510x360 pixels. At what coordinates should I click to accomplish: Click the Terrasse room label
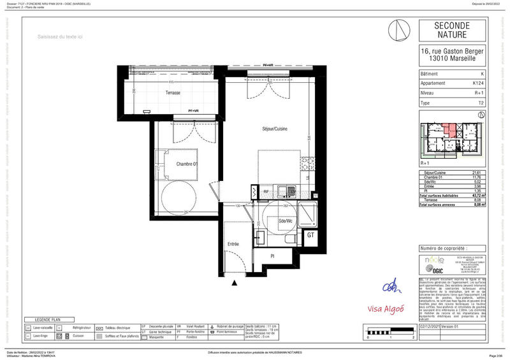pyautogui.click(x=172, y=93)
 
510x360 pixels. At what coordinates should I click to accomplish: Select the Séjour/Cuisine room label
pyautogui.click(x=274, y=129)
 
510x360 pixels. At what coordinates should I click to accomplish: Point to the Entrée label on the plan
pyautogui.click(x=234, y=244)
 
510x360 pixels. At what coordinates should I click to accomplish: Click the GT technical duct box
pyautogui.click(x=311, y=235)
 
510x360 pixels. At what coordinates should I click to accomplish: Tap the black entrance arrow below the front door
pyautogui.click(x=235, y=283)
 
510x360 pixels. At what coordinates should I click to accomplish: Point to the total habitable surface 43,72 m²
pyautogui.click(x=475, y=196)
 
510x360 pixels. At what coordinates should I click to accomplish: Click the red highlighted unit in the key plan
pyautogui.click(x=452, y=130)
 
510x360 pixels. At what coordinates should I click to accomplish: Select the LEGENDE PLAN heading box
pyautogui.click(x=48, y=319)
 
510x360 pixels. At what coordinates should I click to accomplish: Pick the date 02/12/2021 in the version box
pyautogui.click(x=431, y=326)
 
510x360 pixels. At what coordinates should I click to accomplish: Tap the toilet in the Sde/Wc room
pyautogui.click(x=290, y=240)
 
